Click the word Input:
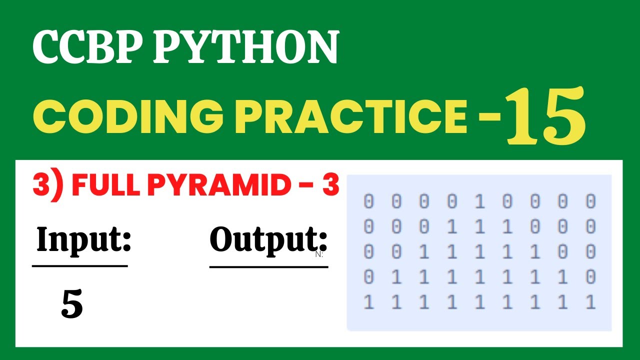tap(83, 240)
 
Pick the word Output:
tap(268, 240)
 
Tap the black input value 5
tap(72, 305)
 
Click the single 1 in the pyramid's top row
tap(479, 201)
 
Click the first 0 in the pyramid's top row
tap(368, 201)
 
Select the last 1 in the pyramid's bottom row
tap(590, 302)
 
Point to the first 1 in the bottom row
tap(368, 302)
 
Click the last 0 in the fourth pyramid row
tap(590, 277)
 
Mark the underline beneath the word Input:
tap(80, 266)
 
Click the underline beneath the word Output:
tap(268, 267)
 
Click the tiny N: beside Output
tap(319, 254)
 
